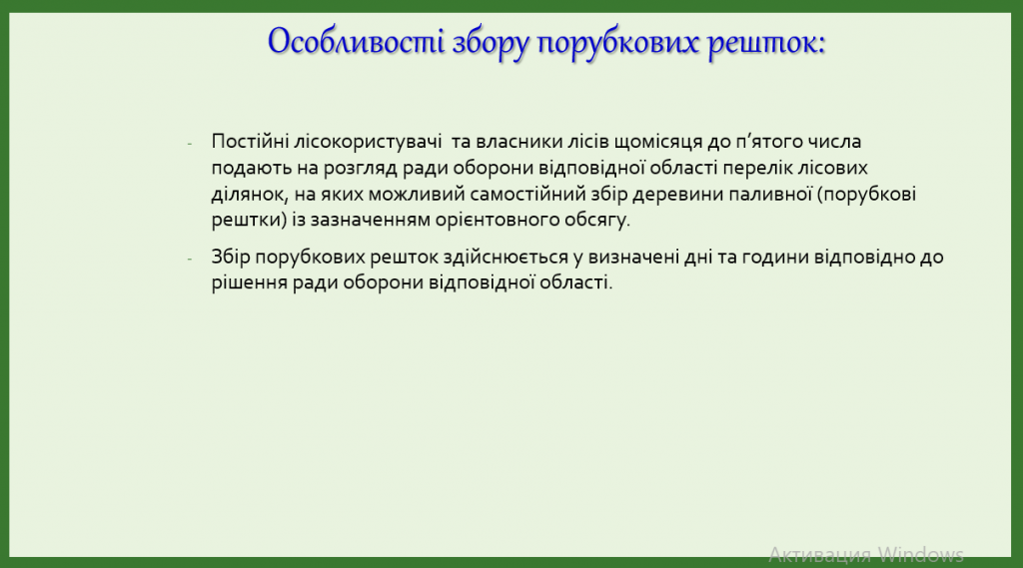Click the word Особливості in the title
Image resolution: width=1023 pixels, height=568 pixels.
click(356, 43)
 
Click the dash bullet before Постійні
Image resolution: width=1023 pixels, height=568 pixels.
click(190, 144)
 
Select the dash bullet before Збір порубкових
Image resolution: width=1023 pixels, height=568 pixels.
click(190, 259)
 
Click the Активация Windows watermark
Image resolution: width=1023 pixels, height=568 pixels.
click(866, 554)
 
